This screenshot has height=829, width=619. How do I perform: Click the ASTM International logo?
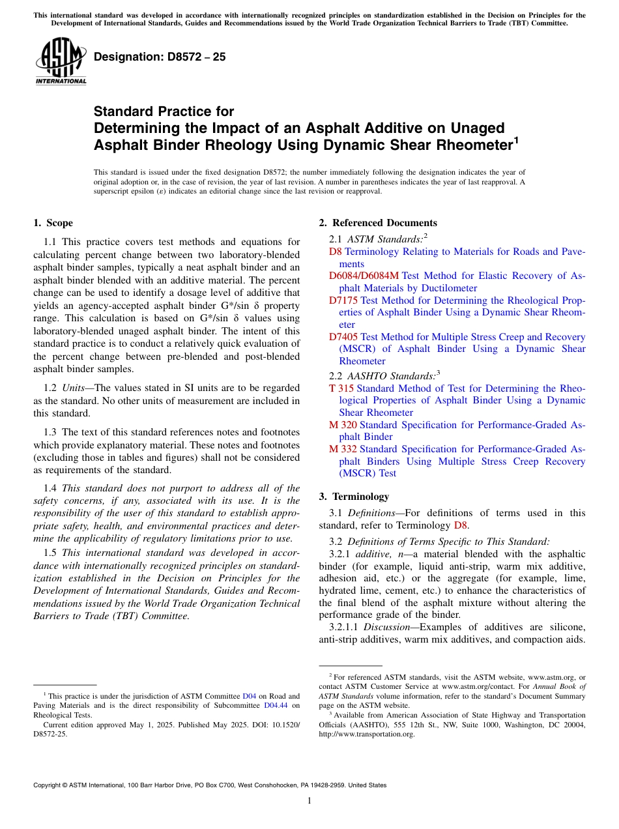61,62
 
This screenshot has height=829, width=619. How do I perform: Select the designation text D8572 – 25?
160,57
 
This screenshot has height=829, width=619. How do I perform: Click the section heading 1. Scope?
53,223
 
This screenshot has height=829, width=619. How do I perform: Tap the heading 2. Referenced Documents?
378,223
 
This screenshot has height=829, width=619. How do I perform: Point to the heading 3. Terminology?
354,496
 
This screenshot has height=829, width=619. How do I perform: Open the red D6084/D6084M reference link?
364,276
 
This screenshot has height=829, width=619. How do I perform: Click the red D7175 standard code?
343,300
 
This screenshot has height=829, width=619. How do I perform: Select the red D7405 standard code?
343,337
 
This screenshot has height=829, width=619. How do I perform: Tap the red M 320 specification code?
343,425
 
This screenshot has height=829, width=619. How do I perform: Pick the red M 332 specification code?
343,449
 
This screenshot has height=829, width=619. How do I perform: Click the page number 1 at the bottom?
309,800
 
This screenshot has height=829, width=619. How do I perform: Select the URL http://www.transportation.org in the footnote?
367,734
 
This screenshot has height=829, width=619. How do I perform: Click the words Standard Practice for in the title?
164,111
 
